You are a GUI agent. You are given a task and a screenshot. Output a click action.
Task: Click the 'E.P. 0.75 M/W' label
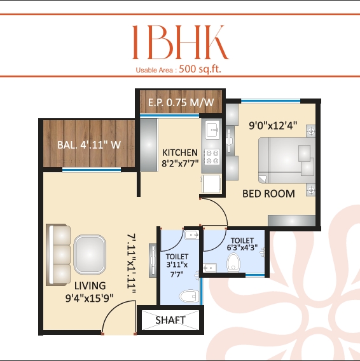pos(181,102)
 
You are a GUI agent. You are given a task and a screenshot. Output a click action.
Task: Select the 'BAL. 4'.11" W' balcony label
pos(89,144)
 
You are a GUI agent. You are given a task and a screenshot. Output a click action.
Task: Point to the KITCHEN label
pos(180,153)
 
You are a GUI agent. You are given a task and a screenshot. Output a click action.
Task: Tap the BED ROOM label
pos(268,193)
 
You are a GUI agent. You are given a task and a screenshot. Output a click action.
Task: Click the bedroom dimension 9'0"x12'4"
pos(274,126)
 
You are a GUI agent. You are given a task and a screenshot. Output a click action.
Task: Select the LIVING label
pos(89,285)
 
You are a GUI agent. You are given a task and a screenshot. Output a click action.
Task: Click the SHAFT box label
pos(170,320)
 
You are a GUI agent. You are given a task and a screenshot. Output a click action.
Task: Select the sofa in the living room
pos(59,253)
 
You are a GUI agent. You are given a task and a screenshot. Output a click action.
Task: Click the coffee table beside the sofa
pos(89,254)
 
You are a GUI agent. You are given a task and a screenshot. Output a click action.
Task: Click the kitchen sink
pos(211,131)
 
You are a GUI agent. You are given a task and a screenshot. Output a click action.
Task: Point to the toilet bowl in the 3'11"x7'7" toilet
pos(188,296)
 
